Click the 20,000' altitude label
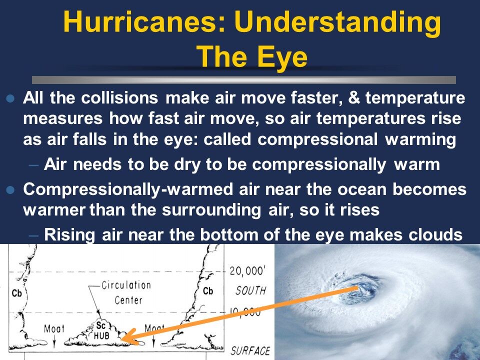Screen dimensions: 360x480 coord(250,271)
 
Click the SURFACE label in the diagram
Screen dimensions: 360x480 coord(250,351)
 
